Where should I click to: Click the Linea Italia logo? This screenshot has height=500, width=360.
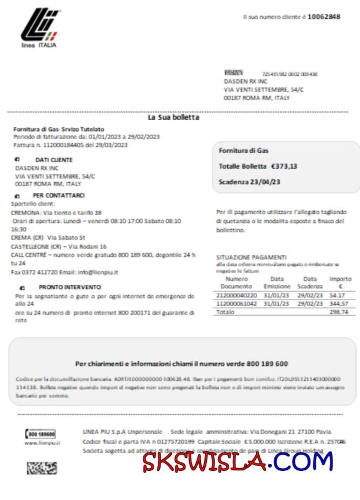(39, 27)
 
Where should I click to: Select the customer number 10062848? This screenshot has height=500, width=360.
(323, 17)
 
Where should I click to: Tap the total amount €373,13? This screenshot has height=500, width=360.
(284, 166)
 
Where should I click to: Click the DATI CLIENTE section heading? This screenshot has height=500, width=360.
(53, 160)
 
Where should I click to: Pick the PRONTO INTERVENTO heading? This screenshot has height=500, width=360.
(70, 288)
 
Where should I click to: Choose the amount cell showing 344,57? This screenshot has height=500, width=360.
(339, 304)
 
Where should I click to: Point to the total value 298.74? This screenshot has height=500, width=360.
(339, 313)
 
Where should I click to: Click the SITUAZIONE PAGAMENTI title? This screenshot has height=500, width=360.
(251, 258)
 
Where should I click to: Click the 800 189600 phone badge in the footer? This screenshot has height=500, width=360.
(41, 434)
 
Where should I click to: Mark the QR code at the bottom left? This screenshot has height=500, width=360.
(42, 467)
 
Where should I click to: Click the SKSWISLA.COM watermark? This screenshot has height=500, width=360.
(238, 461)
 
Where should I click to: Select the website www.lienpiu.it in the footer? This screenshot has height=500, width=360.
(42, 443)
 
